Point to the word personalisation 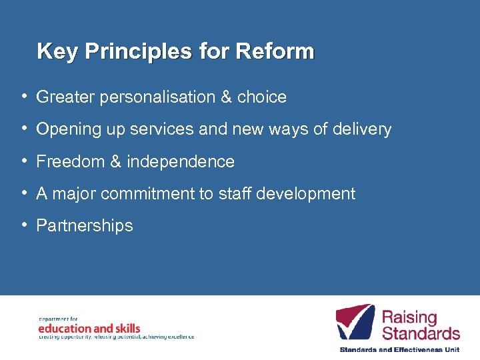point(157,97)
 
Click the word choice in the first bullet point(262,97)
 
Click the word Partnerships point(85,226)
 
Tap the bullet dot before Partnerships point(23,225)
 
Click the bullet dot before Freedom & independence point(23,161)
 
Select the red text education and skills point(89,328)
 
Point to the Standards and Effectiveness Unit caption point(399,349)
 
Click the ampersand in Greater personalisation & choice point(226,97)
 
